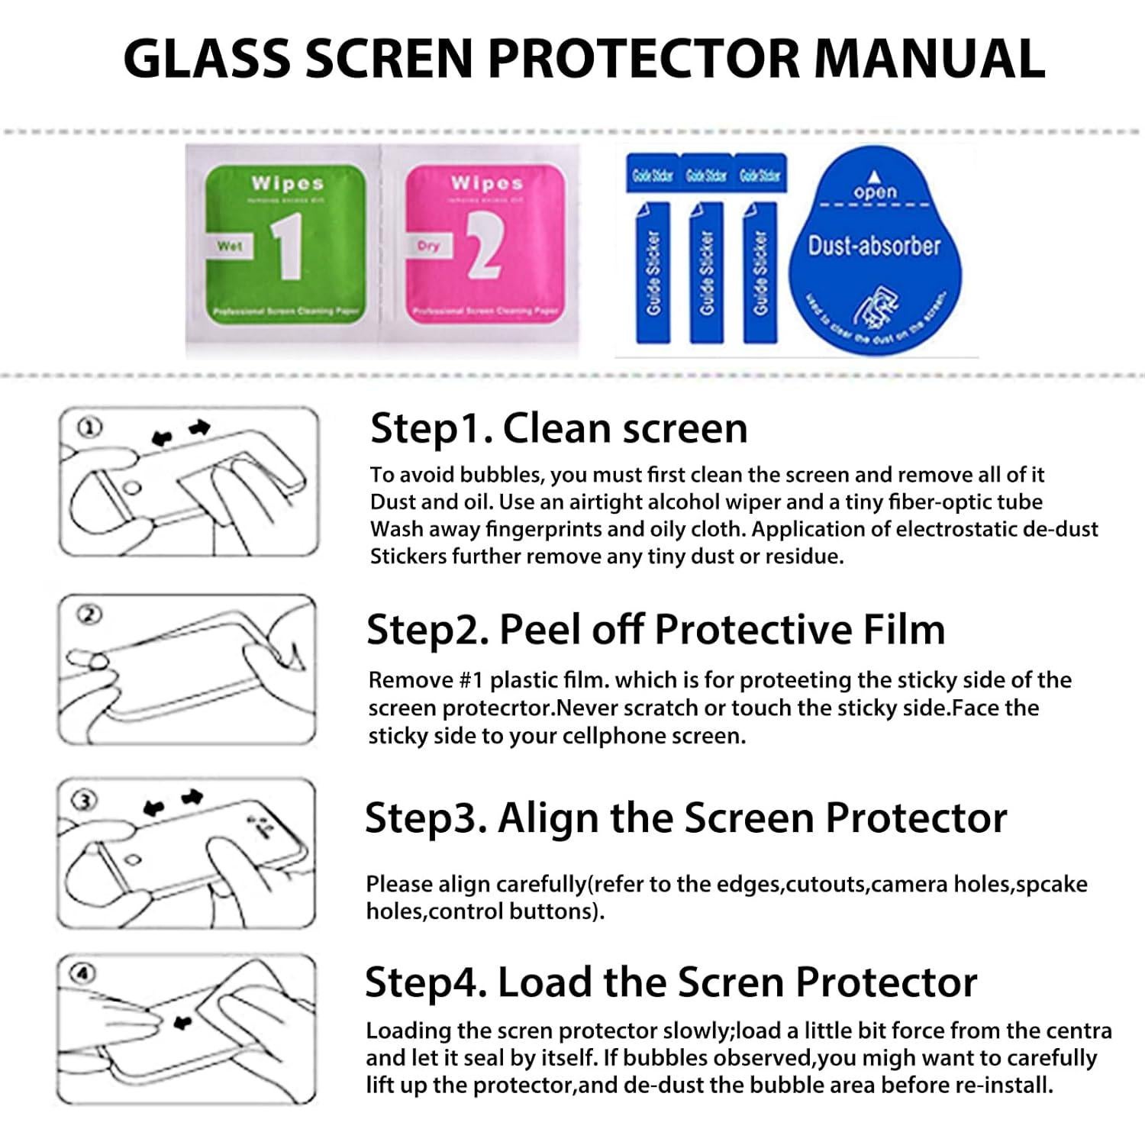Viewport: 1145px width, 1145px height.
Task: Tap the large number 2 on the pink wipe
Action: click(484, 245)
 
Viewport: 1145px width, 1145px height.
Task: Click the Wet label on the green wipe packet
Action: click(229, 246)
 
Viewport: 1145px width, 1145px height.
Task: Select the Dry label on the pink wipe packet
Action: click(428, 246)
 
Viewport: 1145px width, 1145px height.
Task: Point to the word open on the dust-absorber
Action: click(875, 192)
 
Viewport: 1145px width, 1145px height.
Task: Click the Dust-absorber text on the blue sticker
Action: click(874, 246)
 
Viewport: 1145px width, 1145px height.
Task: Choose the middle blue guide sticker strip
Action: click(706, 272)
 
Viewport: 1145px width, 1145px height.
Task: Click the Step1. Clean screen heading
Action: click(559, 428)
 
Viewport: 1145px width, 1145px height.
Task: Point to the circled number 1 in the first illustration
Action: click(89, 427)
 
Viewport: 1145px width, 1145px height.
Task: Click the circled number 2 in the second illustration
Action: click(89, 614)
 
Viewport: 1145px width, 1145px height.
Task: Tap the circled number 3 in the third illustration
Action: click(84, 800)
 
